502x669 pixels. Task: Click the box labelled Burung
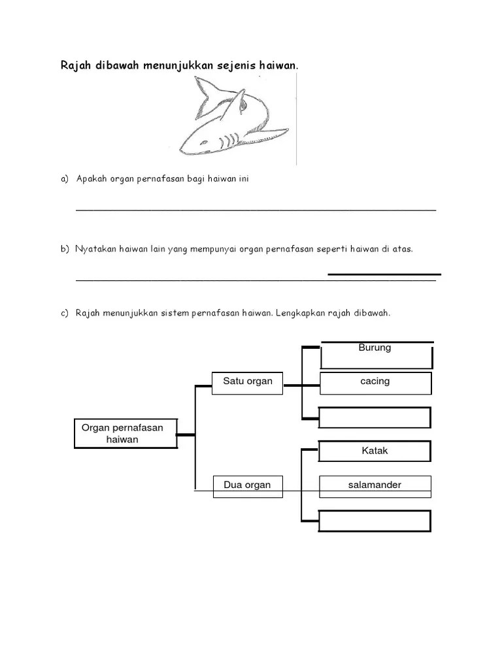[376, 355]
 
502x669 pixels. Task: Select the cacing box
[376, 382]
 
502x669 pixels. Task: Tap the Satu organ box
[248, 382]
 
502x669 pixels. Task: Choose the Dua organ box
[248, 485]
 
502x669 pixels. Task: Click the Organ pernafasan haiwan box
[125, 434]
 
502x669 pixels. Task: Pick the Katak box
[375, 451]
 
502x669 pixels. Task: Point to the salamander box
[375, 485]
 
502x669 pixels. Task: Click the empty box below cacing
[375, 417]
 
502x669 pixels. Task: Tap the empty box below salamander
[375, 521]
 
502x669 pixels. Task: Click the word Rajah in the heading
[75, 66]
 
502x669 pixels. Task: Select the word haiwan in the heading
[278, 66]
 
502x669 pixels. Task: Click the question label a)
[65, 179]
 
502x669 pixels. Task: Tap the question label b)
[65, 249]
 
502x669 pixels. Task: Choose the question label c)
[65, 314]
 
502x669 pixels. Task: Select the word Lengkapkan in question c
[302, 314]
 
